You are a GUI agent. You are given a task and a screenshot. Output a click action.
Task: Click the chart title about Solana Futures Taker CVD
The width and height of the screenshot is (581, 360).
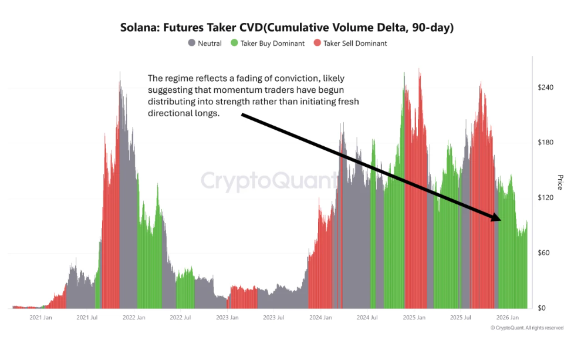pyautogui.click(x=287, y=28)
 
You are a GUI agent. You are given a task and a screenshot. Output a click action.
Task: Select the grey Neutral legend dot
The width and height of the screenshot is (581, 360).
pyautogui.click(x=191, y=43)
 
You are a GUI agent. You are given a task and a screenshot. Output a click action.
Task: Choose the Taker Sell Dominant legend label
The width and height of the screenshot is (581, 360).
pyautogui.click(x=354, y=43)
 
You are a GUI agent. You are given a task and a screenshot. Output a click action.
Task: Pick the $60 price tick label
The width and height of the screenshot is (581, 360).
pyautogui.click(x=547, y=253)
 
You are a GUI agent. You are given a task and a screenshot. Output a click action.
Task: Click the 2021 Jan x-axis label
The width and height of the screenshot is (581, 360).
pyautogui.click(x=40, y=318)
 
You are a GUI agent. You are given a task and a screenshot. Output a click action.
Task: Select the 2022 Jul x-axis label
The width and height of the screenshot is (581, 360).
pyautogui.click(x=180, y=318)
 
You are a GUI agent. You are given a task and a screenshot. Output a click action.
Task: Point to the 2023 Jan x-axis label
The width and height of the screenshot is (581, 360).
pyautogui.click(x=227, y=318)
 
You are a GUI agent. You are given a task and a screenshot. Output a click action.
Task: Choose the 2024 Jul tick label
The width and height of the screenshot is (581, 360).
pyautogui.click(x=367, y=318)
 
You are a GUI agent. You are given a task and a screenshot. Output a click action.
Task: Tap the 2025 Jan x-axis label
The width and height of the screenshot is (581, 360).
pyautogui.click(x=414, y=318)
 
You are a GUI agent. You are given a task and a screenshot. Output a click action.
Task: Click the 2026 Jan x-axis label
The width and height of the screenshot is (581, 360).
pyautogui.click(x=507, y=318)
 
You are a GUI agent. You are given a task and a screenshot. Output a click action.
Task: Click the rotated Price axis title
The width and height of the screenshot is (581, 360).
pyautogui.click(x=560, y=182)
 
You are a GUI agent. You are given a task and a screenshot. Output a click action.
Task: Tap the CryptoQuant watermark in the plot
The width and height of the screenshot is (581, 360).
pyautogui.click(x=270, y=180)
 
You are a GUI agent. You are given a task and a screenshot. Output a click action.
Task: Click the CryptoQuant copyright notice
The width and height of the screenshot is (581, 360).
pyautogui.click(x=527, y=328)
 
